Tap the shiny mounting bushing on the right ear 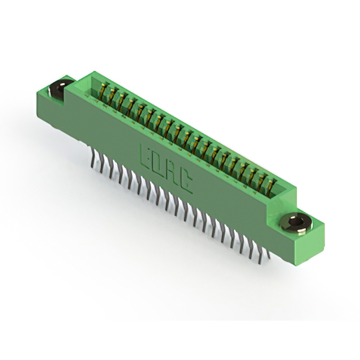(x=296, y=222)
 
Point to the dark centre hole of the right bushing (x=296, y=222)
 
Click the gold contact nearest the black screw (x=103, y=90)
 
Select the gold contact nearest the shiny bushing (x=271, y=184)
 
